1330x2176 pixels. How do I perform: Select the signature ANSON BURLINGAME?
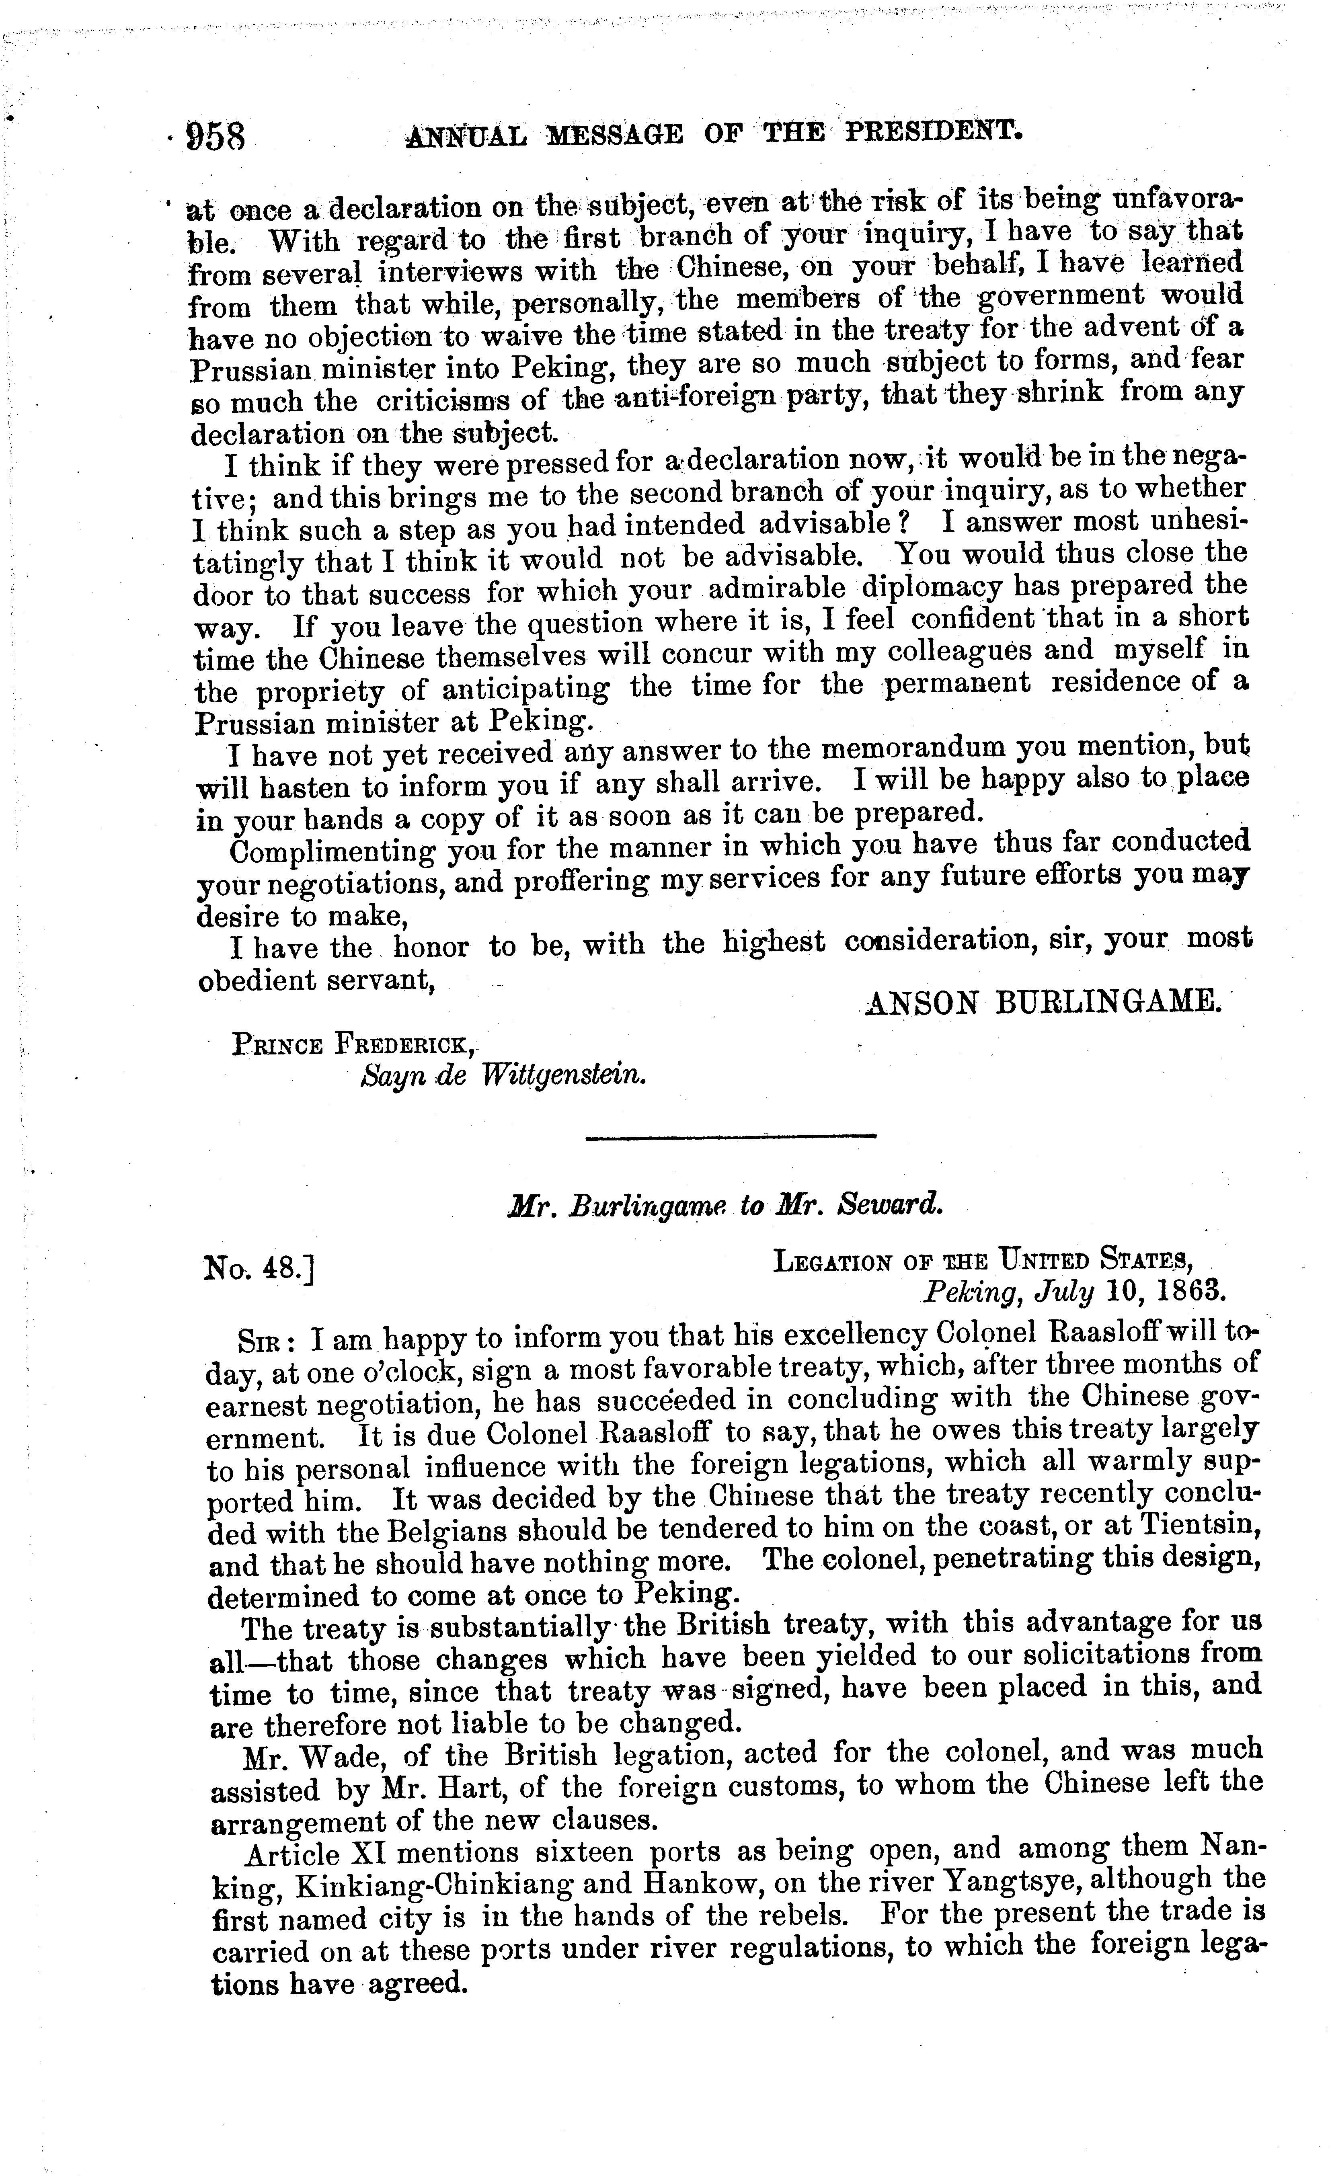pyautogui.click(x=1043, y=1001)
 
